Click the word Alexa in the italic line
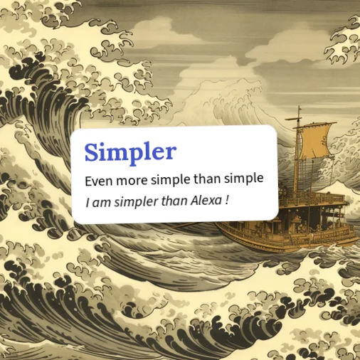205,201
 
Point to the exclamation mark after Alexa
227,201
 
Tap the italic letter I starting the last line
88,203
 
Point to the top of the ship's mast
300,107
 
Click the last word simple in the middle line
244,179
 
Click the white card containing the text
175,174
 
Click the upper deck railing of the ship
315,197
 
